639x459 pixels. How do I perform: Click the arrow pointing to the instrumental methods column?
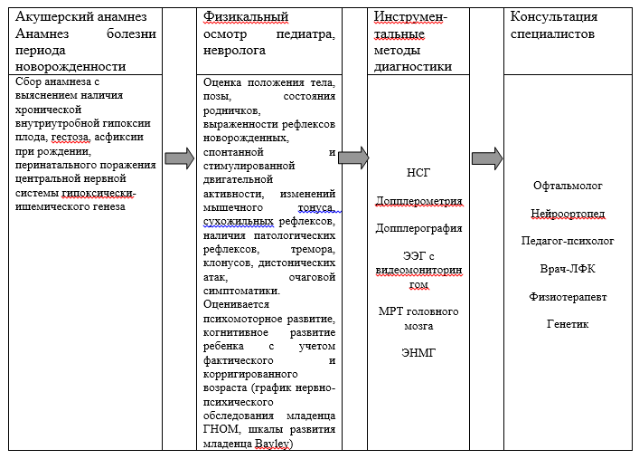[353, 157]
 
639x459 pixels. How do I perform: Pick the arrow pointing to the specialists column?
[486, 158]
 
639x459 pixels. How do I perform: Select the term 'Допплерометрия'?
[418, 200]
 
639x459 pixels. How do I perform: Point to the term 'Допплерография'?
[418, 228]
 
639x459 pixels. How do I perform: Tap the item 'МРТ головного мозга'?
[418, 319]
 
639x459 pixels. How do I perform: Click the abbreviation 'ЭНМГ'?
[418, 353]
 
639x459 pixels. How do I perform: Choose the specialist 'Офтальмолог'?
[568, 186]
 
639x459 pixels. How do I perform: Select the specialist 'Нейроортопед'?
[568, 214]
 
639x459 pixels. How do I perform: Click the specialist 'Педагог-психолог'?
[568, 241]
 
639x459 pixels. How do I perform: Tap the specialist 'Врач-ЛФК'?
[568, 269]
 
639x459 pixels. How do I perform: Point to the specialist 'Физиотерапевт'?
[568, 296]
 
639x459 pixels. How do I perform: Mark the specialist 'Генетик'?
[568, 323]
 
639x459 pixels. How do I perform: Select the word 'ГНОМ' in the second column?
[221, 429]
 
